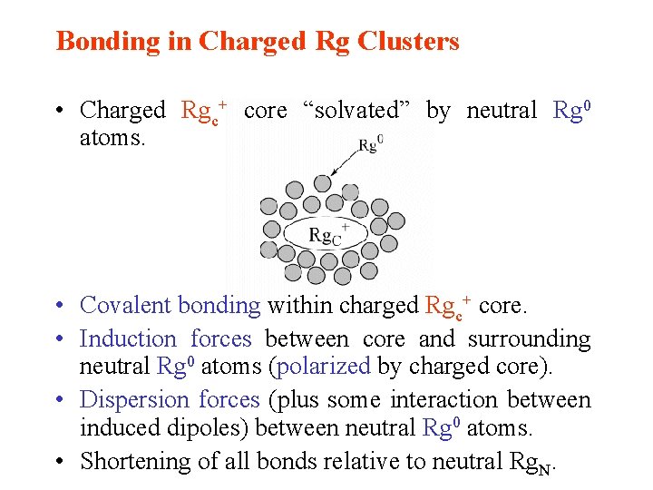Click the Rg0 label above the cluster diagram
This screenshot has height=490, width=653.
(x=370, y=144)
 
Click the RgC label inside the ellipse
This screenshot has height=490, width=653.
(x=325, y=237)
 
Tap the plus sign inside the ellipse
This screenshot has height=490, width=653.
(x=345, y=226)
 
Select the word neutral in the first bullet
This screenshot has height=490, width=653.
(x=502, y=111)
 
